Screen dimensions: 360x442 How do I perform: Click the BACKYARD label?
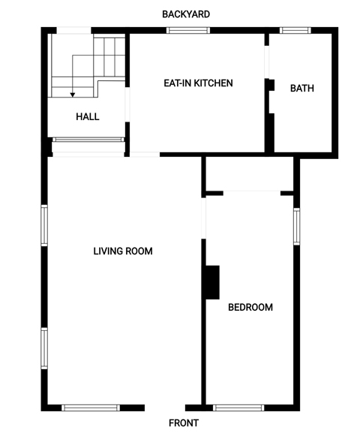pyautogui.click(x=186, y=14)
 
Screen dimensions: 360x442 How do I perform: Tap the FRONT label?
pyautogui.click(x=184, y=422)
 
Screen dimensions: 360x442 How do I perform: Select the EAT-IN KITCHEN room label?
pyautogui.click(x=198, y=83)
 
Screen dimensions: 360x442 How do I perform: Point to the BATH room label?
pyautogui.click(x=302, y=89)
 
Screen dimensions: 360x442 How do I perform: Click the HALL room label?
pyautogui.click(x=88, y=117)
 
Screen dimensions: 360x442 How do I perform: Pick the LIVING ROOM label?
pyautogui.click(x=123, y=251)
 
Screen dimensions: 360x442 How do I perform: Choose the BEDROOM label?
pyautogui.click(x=250, y=307)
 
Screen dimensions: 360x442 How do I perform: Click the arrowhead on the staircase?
pyautogui.click(x=73, y=95)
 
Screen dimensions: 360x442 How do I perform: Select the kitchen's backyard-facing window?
pyautogui.click(x=188, y=31)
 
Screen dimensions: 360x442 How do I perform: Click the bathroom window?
pyautogui.click(x=295, y=31)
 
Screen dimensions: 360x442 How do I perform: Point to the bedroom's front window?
pyautogui.click(x=238, y=407)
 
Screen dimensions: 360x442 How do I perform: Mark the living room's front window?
pyautogui.click(x=91, y=407)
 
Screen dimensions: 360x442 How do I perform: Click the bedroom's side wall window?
pyautogui.click(x=296, y=227)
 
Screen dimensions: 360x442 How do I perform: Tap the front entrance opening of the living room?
pyautogui.click(x=165, y=407)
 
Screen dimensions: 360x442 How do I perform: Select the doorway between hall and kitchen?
pyautogui.click(x=127, y=104)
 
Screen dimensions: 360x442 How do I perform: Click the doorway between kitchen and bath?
pyautogui.click(x=267, y=62)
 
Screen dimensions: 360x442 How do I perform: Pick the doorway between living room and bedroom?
pyautogui.click(x=204, y=218)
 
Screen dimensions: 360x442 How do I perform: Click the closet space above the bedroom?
pyautogui.click(x=250, y=174)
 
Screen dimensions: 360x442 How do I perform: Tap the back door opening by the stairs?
pyautogui.click(x=74, y=31)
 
